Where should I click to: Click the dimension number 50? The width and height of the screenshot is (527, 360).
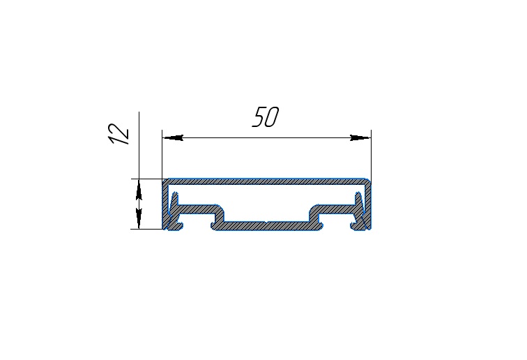[266, 117]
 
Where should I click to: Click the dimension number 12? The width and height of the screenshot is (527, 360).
[119, 134]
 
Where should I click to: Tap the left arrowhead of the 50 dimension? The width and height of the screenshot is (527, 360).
[173, 137]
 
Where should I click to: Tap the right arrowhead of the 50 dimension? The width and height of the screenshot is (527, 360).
[360, 137]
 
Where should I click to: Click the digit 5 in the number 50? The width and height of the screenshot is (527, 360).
[259, 117]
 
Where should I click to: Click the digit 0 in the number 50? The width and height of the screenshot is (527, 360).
[273, 117]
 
